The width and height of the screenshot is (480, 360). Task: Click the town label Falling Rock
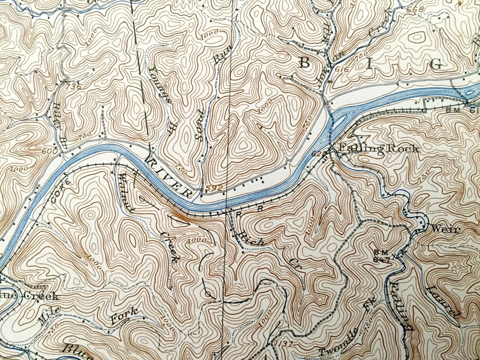point(370,149)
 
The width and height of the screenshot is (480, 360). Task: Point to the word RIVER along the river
point(169,176)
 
